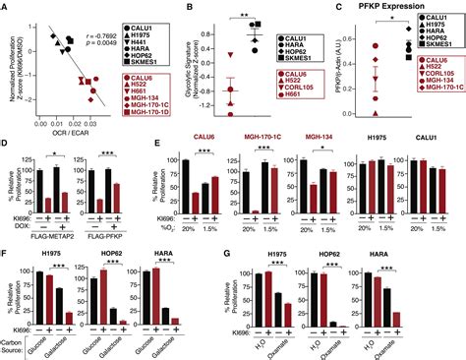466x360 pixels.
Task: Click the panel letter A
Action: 6,8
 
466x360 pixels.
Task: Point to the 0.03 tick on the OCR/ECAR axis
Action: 103,124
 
